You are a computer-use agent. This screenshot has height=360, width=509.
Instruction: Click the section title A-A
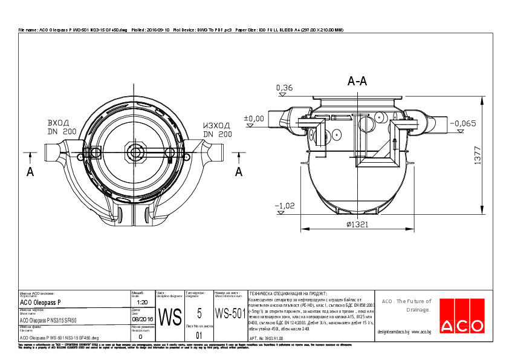tap(357, 81)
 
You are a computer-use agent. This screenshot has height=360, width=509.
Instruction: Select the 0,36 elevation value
tap(284, 88)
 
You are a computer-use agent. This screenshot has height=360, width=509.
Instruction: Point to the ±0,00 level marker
tap(253, 118)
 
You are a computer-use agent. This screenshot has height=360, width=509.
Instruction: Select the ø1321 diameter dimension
tap(358, 224)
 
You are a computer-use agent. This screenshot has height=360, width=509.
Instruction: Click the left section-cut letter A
tap(30, 172)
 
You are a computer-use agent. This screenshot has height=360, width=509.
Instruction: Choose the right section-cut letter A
tap(238, 172)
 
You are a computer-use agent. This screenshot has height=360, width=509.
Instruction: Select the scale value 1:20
tap(143, 302)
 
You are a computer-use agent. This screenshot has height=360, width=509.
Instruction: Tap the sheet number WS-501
tap(230, 313)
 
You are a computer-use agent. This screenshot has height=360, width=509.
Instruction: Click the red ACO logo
tap(462, 326)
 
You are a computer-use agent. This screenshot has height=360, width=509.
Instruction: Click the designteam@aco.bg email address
tap(394, 332)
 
